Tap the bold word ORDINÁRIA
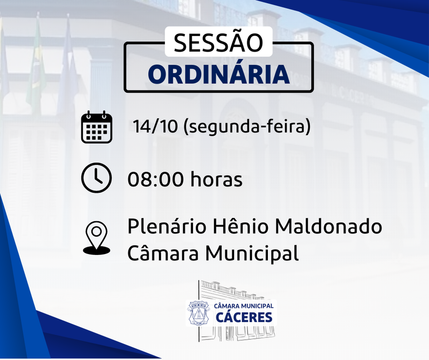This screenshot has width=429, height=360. pos(219,75)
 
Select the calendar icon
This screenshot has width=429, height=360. pos(96,127)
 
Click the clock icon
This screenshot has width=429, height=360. pos(96,177)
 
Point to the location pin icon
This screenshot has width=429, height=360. pos(96,238)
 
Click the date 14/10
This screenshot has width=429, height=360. pos(155,127)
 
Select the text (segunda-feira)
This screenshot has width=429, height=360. pos(247,127)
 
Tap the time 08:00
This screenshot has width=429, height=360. pos(155,180)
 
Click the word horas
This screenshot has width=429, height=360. pos(216,179)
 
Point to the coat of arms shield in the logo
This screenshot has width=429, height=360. pos(198,313)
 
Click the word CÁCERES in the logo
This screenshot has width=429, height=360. pos(244,317)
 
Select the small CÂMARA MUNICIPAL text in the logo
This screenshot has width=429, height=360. pos(244,306)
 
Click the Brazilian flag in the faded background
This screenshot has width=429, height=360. pos(36,66)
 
